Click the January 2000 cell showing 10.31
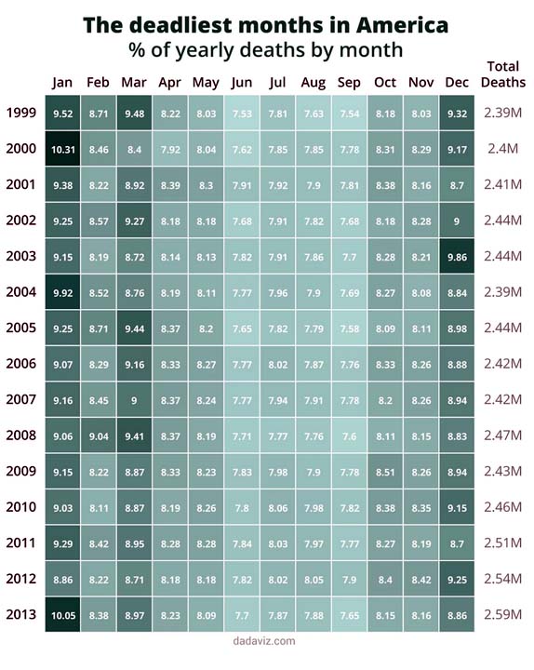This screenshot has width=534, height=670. coord(63,149)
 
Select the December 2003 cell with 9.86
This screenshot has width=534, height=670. coord(457,257)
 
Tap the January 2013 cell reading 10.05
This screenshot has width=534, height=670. coord(63,615)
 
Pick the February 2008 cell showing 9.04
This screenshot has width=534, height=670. coord(99,435)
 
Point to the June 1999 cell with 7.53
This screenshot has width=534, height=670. coord(242,114)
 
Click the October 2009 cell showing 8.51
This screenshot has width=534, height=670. coord(385,472)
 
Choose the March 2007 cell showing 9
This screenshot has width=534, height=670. coord(134,400)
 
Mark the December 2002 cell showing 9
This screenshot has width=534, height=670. coord(457,221)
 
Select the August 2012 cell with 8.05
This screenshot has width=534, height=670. coord(314,579)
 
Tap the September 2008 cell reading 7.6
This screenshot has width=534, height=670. coord(350,435)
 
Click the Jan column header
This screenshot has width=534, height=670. coord(62,83)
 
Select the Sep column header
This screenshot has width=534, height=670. coord(349,83)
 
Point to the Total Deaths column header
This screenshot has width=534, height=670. coord(503,74)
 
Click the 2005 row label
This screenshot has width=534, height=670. coord(21,328)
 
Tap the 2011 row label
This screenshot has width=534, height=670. coord(21,543)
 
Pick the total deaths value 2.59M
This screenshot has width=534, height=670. coord(502,614)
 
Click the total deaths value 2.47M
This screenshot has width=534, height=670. coord(502,435)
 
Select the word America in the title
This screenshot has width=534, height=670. coord(403,25)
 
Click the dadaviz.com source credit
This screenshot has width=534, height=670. coord(264,641)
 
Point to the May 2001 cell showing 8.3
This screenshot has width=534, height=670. coord(206,185)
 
